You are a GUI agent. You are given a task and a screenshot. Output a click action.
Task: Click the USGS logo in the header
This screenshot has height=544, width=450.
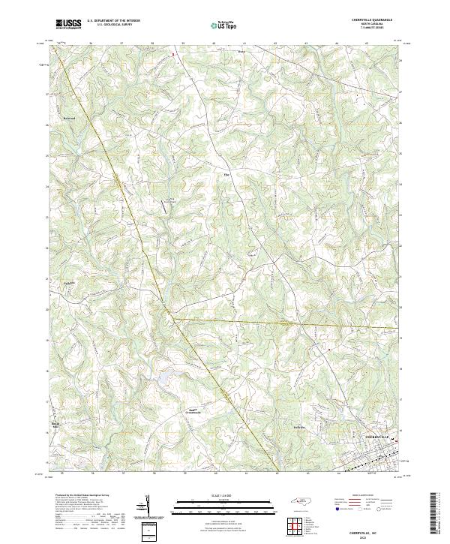pos(68,23)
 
